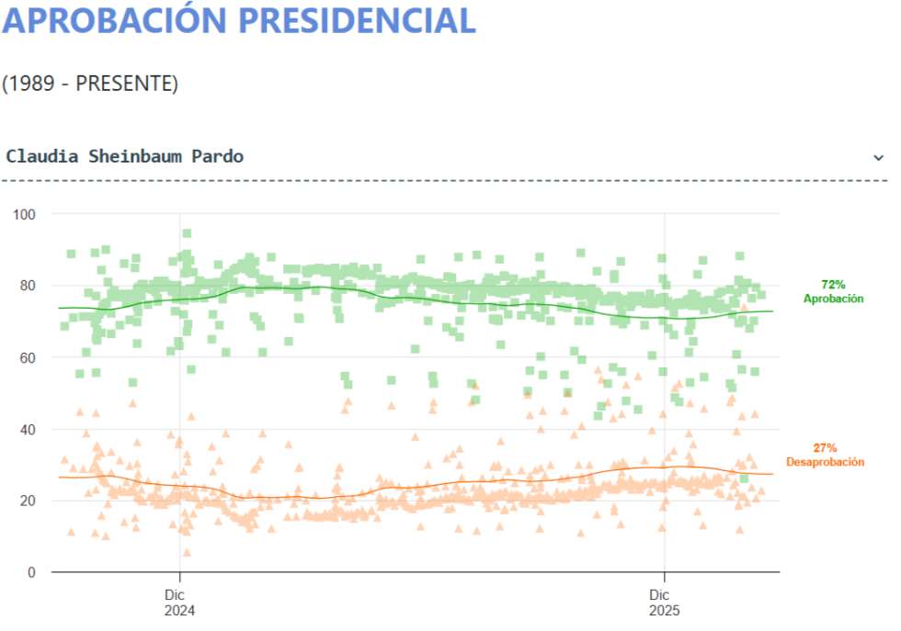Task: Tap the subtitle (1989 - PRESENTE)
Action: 89,84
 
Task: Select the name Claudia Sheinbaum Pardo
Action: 125,156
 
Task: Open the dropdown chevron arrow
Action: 878,157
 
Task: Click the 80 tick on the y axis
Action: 29,286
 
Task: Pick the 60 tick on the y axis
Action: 29,357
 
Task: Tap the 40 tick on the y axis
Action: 29,429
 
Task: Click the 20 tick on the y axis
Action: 29,501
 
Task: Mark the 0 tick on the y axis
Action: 31,572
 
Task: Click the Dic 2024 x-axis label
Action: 180,601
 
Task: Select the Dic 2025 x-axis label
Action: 665,601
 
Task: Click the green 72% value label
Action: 833,286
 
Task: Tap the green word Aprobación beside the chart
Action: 833,299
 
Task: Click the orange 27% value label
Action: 825,448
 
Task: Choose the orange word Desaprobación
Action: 825,462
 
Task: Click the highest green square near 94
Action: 187,233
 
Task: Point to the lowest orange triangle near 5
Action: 187,552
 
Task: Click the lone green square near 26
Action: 744,479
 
